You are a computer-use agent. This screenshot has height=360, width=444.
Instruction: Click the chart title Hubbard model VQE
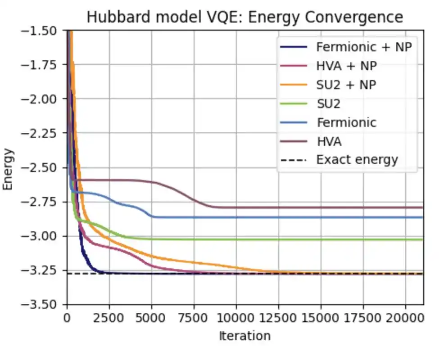point(245,17)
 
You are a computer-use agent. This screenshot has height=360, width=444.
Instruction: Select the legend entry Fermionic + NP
point(364,47)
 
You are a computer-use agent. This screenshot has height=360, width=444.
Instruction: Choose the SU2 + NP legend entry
point(346,85)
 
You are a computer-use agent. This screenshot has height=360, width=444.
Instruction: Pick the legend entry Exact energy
point(357,160)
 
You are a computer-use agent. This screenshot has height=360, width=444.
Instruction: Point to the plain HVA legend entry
point(329,141)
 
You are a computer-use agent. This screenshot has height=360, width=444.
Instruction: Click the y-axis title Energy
point(9,168)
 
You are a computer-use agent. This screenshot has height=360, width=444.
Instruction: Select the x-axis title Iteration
point(245,336)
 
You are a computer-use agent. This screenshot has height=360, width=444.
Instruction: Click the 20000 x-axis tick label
point(405,318)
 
